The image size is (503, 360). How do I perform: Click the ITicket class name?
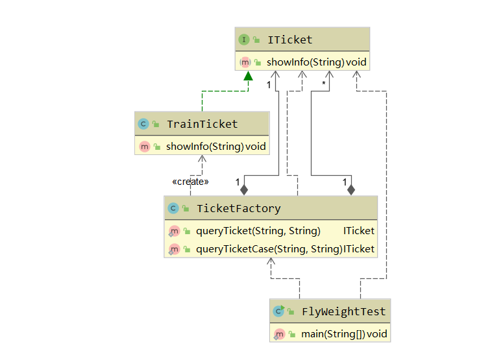(289, 40)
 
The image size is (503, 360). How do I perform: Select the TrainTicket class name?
(202, 124)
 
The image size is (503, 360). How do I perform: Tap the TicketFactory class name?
(238, 208)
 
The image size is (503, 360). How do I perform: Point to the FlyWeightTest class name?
(343, 311)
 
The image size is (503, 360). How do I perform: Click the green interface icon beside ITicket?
(244, 40)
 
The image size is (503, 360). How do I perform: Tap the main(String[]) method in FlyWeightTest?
(333, 334)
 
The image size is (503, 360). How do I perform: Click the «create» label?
(190, 182)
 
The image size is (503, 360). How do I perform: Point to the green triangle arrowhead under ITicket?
(248, 77)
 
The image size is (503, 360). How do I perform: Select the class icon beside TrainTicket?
(143, 124)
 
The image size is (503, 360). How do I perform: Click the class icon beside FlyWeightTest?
(279, 311)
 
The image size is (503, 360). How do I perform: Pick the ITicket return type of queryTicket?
(359, 231)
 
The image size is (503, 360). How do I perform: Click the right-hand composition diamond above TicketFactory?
(351, 189)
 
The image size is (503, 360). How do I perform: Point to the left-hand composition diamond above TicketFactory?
(244, 189)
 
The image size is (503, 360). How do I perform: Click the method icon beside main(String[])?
(279, 334)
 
